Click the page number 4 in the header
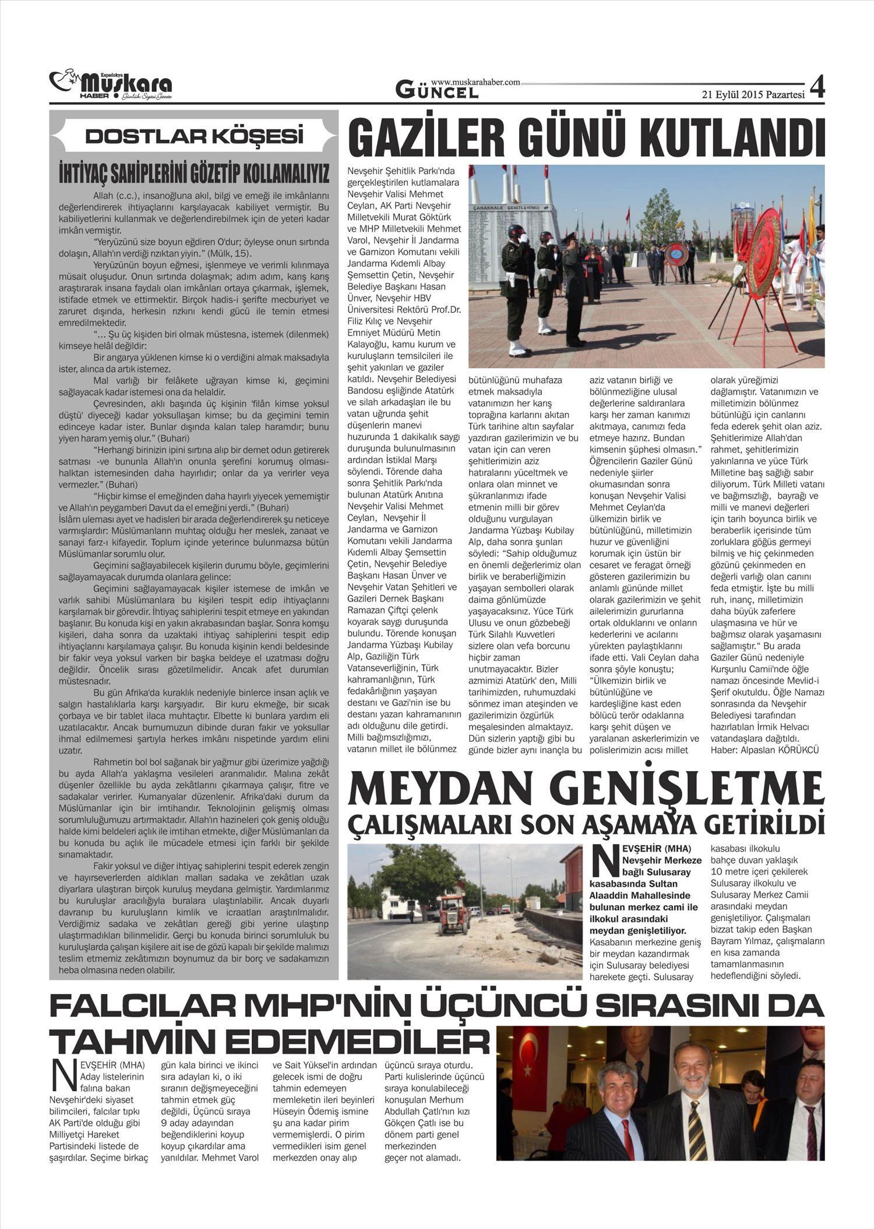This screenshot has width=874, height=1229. [x=818, y=87]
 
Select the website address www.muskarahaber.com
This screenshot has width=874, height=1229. [x=475, y=83]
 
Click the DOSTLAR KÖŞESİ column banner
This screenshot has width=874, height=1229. [x=195, y=136]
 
